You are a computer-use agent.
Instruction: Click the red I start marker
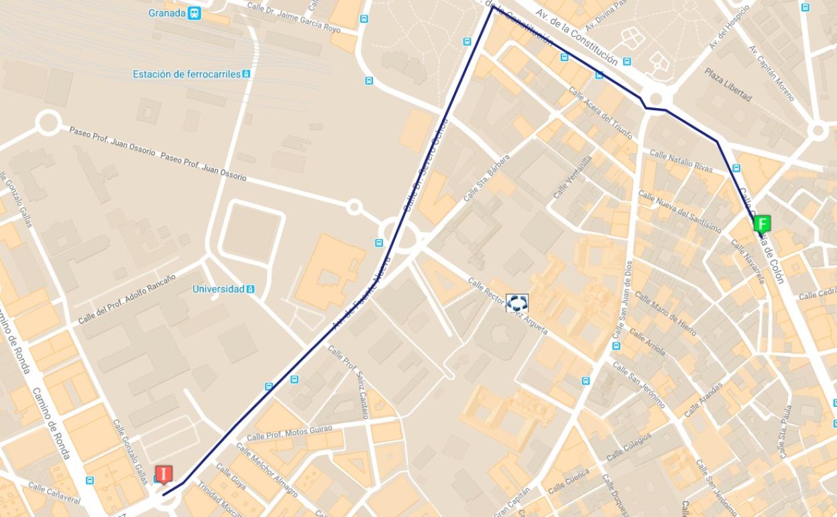pos(163,474)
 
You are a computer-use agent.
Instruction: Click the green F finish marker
pos(762,224)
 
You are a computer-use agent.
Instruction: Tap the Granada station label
pos(166,13)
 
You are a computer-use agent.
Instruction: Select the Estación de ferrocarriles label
pos(186,74)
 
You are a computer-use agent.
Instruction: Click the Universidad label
pos(218,289)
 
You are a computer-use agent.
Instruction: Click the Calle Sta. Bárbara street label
pos(486,178)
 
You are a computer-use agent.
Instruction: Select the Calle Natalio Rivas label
pos(681,162)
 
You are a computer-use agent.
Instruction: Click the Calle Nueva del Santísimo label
pos(679,211)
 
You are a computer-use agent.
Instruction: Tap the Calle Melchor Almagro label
pos(266,475)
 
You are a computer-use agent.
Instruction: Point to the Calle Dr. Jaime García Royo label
pos(294,16)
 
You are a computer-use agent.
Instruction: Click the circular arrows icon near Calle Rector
pos(517,303)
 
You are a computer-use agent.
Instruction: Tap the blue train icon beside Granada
pos(194,13)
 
